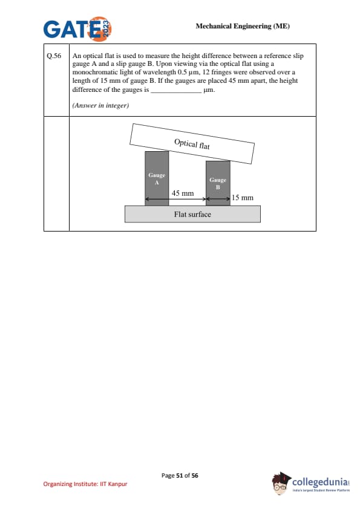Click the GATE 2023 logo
pos(77,29)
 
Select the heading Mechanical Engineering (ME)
pos(243,26)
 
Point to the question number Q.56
pos(54,56)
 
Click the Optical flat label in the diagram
pos(192,144)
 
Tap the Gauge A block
pos(157,178)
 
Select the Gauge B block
pos(218,183)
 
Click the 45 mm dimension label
pos(183,193)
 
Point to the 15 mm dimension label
pos(243,198)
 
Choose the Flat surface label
pos(192,214)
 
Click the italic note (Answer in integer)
pos(100,106)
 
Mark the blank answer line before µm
pos(176,92)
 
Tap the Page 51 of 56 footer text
pos(180,476)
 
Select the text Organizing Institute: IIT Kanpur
pos(85,484)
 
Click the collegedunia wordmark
pos(320,482)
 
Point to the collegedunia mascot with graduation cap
pos(281,484)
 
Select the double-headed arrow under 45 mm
pos(175,199)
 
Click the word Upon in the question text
pos(164,64)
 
